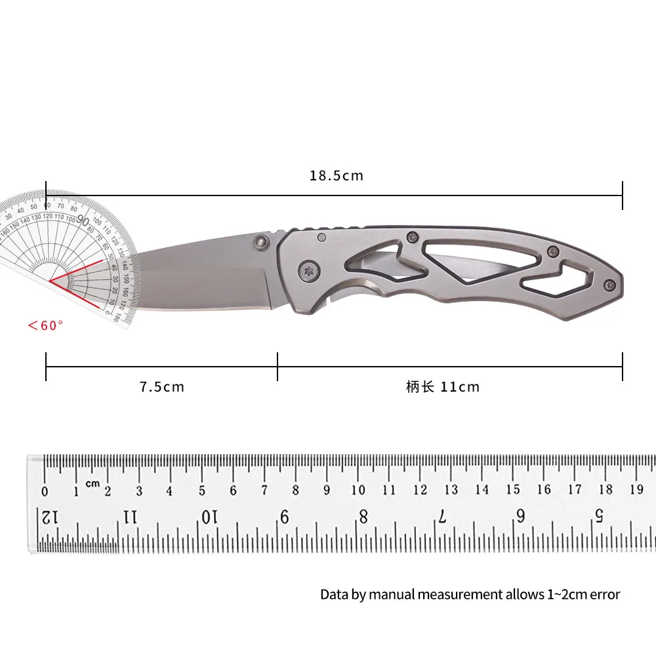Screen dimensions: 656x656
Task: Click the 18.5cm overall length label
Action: (x=336, y=176)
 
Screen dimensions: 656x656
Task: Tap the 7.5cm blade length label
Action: (x=162, y=387)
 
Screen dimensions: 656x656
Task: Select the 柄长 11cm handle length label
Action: (x=443, y=387)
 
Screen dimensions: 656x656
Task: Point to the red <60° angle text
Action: (x=45, y=325)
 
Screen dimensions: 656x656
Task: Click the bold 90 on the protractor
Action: (x=83, y=220)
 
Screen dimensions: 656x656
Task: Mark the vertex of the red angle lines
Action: (x=51, y=283)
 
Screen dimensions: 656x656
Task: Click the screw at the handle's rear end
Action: (x=609, y=284)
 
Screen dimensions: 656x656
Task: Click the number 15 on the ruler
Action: (x=513, y=489)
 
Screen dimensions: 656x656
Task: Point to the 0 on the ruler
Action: (x=45, y=492)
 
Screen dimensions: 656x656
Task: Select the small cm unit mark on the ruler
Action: (x=92, y=483)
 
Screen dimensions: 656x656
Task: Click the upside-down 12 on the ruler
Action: (x=51, y=518)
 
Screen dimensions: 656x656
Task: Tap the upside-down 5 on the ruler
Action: (x=599, y=516)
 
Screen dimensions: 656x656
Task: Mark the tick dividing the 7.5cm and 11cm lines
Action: (x=277, y=366)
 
